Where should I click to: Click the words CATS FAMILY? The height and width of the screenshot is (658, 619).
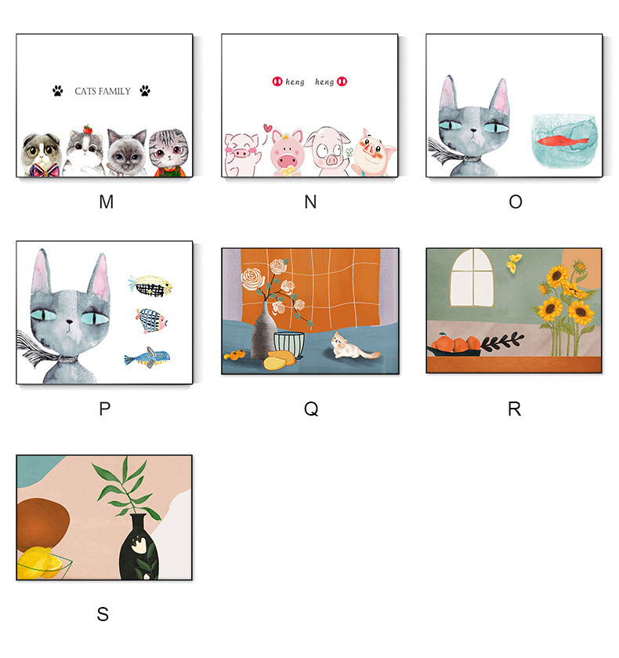coord(103,91)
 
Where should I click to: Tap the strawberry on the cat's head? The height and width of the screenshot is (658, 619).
coord(87,129)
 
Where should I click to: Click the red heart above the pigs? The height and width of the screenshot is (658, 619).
coord(267,127)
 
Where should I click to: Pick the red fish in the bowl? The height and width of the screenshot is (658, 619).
coord(563,140)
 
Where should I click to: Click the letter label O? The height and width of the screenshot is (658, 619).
coord(516,202)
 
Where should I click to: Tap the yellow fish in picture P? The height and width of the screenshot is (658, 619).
coord(150,285)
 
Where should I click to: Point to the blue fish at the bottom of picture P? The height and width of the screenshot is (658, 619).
coord(147,358)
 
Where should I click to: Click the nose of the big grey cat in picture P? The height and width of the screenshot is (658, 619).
coord(70,322)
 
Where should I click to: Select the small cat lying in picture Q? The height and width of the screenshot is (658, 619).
coord(354,347)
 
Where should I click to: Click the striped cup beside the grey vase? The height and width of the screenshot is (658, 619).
coord(289,344)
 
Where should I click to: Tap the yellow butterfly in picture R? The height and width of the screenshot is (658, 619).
coord(514,262)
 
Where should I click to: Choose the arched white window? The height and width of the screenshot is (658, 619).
coord(472,278)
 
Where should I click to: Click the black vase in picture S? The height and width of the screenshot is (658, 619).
coord(139,547)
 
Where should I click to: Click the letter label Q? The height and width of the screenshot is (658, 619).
coord(311,409)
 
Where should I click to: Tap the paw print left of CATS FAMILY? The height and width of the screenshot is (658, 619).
coord(58,91)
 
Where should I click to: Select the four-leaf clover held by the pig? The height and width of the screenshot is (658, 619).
coord(349,152)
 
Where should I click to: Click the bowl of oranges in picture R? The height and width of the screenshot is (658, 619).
coord(454,345)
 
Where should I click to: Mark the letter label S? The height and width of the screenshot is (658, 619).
coord(103,614)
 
